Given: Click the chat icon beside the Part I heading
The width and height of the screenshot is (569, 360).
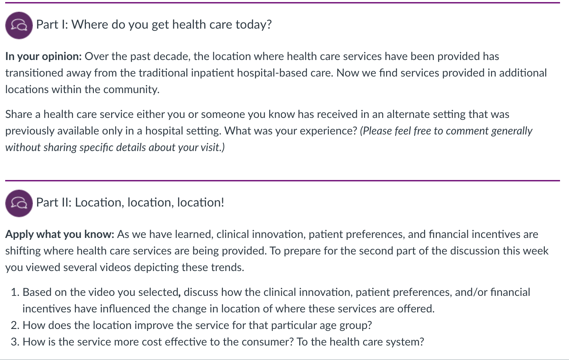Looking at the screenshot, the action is tap(19, 26).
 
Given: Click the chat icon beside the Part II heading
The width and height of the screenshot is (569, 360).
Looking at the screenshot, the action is tap(19, 203).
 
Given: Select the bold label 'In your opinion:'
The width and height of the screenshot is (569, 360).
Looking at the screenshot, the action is tap(43, 57).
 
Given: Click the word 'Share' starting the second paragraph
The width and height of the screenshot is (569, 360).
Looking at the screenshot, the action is tap(19, 114).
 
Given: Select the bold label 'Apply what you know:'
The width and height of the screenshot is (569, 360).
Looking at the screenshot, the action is tap(60, 234).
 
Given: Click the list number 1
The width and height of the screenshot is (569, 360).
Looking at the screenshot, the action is tap(15, 292).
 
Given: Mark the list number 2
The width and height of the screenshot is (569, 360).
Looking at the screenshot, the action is tap(15, 325).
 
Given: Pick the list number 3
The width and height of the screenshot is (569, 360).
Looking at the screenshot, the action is tap(15, 342).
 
